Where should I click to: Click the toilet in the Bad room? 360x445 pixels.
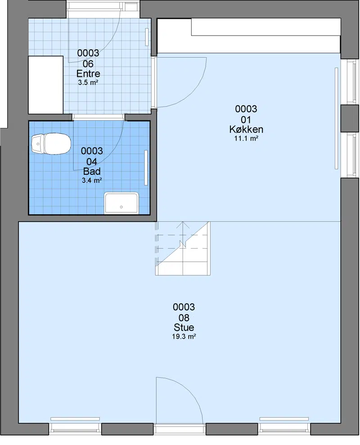point(51,144)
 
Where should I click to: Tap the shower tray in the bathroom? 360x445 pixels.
point(121,203)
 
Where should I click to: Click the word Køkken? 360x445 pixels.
point(246,129)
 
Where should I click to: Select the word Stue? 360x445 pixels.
point(184,327)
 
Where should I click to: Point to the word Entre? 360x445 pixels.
point(88,73)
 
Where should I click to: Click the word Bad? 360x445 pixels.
point(91,171)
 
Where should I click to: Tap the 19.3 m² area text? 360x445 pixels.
point(184,336)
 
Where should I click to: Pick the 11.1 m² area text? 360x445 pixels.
point(246,138)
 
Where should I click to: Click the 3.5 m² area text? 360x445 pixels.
point(88,82)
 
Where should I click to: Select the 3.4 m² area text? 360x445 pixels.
point(92,180)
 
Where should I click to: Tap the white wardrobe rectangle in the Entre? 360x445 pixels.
point(45,85)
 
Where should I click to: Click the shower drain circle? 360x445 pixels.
point(121,207)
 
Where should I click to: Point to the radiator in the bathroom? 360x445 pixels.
point(146,168)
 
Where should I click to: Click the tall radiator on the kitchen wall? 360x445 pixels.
point(337,118)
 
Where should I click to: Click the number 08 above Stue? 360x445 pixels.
point(184,318)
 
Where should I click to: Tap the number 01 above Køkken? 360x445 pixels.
point(246,119)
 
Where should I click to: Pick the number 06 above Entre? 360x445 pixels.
point(88,64)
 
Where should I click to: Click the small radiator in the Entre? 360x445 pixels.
point(147,37)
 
